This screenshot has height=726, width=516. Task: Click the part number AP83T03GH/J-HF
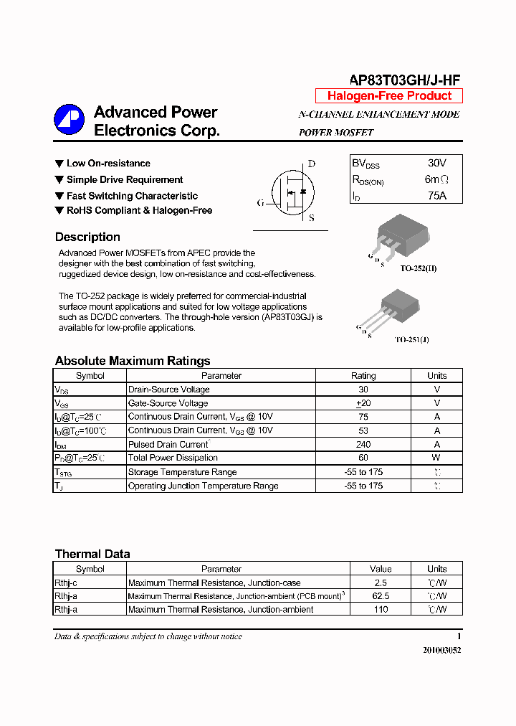pyautogui.click(x=405, y=80)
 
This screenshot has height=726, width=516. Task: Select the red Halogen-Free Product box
pyautogui.click(x=389, y=96)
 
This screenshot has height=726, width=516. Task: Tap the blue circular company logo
pyautogui.click(x=70, y=121)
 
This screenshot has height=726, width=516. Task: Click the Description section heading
pyautogui.click(x=87, y=237)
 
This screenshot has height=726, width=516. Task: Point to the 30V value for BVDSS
pyautogui.click(x=436, y=164)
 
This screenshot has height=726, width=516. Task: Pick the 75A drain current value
pyautogui.click(x=436, y=195)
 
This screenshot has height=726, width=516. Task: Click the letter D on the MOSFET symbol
pyautogui.click(x=312, y=164)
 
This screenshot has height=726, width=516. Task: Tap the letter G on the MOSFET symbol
pyautogui.click(x=260, y=203)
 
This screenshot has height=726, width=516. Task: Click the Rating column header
pyautogui.click(x=363, y=376)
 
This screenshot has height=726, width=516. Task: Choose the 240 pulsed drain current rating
pyautogui.click(x=363, y=444)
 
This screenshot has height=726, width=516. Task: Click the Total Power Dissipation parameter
pyautogui.click(x=173, y=458)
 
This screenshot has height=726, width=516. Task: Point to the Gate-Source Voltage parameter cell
pyautogui.click(x=168, y=403)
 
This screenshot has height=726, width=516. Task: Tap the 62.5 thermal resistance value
pyautogui.click(x=381, y=596)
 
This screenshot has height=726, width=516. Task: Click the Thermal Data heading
pyautogui.click(x=92, y=554)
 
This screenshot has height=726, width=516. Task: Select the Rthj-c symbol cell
pyautogui.click(x=66, y=583)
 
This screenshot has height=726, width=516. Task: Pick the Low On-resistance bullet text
pyautogui.click(x=108, y=164)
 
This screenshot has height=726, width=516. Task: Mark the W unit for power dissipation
pyautogui.click(x=436, y=458)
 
